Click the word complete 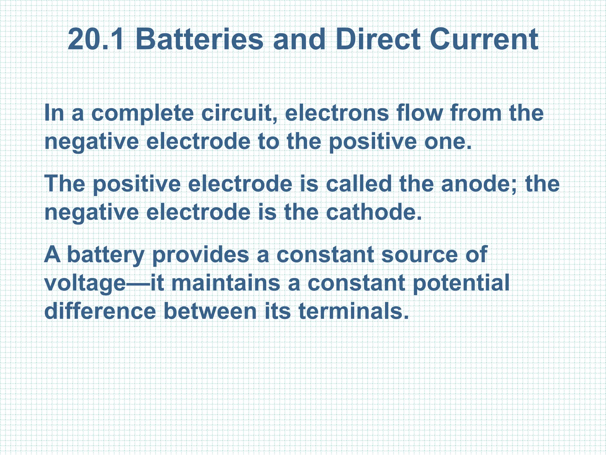click(142, 114)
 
